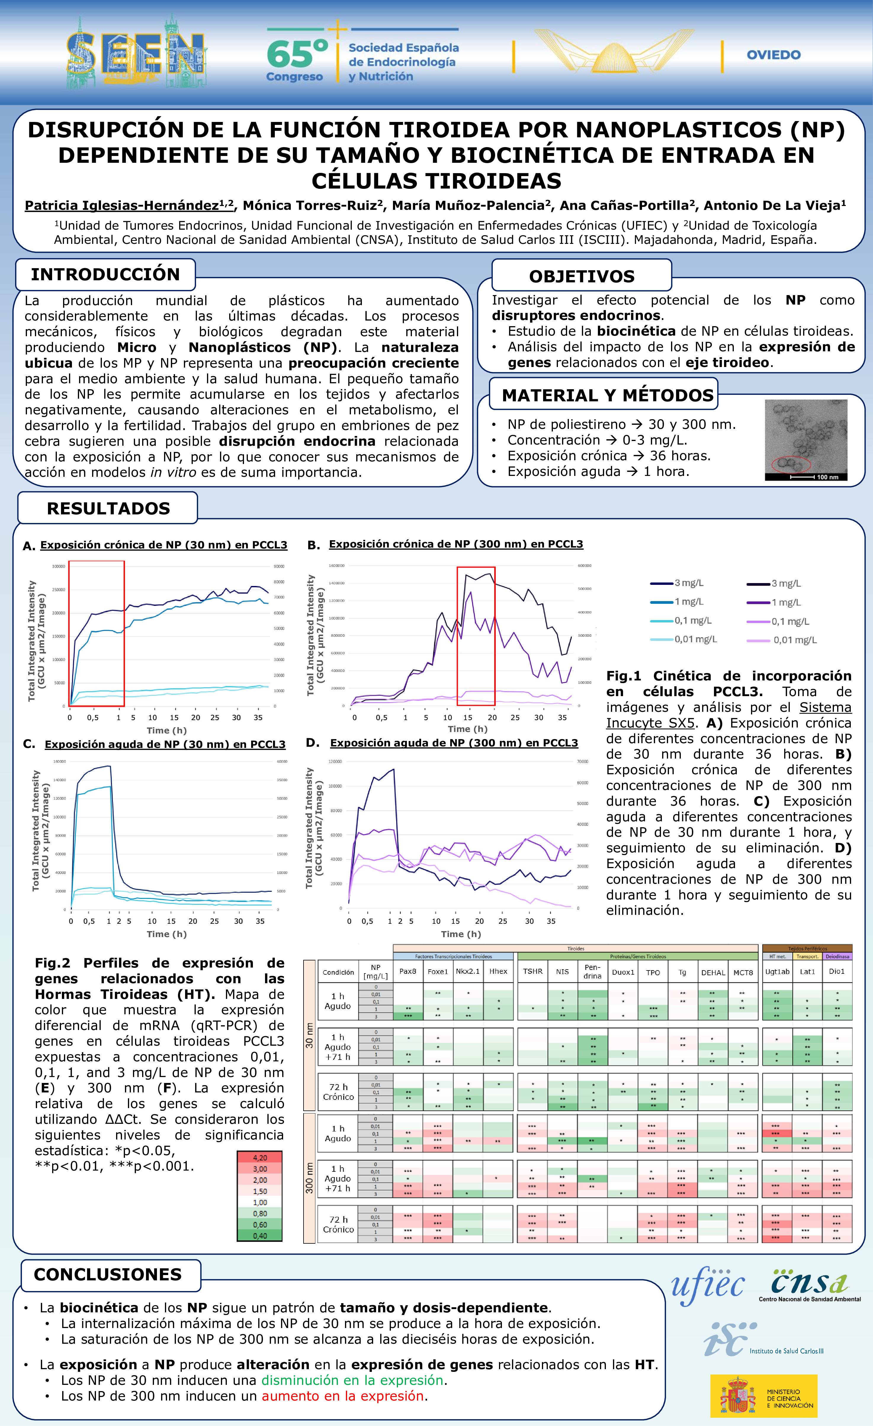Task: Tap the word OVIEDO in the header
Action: [x=773, y=55]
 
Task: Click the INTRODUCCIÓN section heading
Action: [x=105, y=274]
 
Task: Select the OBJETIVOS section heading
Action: [x=582, y=276]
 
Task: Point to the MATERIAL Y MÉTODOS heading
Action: [x=607, y=395]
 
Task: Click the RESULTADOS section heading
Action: [x=108, y=508]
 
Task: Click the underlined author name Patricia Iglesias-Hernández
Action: [x=122, y=205]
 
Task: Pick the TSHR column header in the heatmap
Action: [x=533, y=971]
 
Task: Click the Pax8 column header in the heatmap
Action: [x=407, y=971]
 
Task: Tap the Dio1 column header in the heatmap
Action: [x=837, y=971]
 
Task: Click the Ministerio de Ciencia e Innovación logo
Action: [x=764, y=1395]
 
